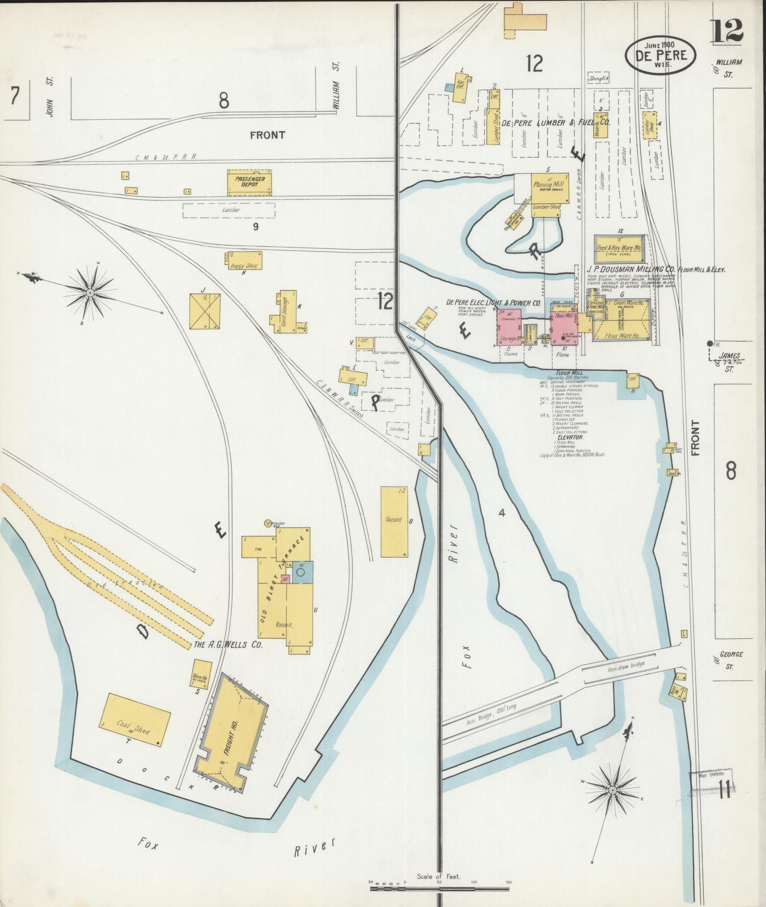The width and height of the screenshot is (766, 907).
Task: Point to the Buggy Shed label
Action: click(244, 265)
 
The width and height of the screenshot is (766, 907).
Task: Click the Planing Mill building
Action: click(550, 188)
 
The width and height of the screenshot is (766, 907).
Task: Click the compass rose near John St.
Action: click(90, 292)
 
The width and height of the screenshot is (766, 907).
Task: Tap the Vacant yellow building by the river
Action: click(394, 521)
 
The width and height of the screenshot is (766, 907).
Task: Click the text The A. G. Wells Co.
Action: click(228, 645)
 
